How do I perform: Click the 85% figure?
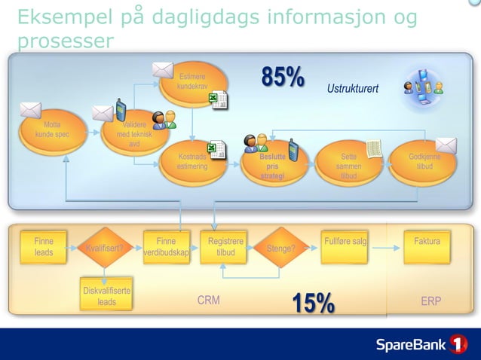pos(283,77)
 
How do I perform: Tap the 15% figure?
pos(313,303)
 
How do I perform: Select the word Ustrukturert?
pos(352,90)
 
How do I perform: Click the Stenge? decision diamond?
pos(280,247)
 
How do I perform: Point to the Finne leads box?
pos(44,247)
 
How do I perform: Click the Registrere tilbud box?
pos(225,247)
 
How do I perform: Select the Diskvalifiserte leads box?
pos(106,296)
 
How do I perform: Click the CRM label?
pos(208,301)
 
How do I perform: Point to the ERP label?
pos(430,301)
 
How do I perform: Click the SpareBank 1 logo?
pos(422,345)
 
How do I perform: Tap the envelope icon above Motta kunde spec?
pos(31,110)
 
